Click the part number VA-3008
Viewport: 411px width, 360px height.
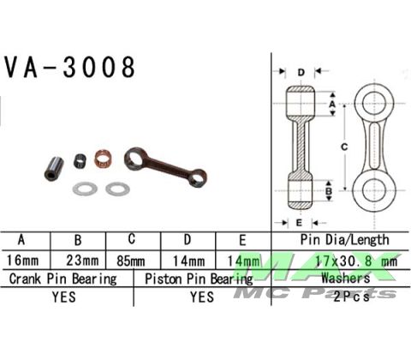[x=70, y=68]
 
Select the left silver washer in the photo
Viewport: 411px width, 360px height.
[x=84, y=187]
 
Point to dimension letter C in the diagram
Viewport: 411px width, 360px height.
[x=343, y=147]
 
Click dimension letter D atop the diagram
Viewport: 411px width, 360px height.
[x=301, y=71]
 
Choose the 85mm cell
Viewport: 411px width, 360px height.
[x=132, y=258]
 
